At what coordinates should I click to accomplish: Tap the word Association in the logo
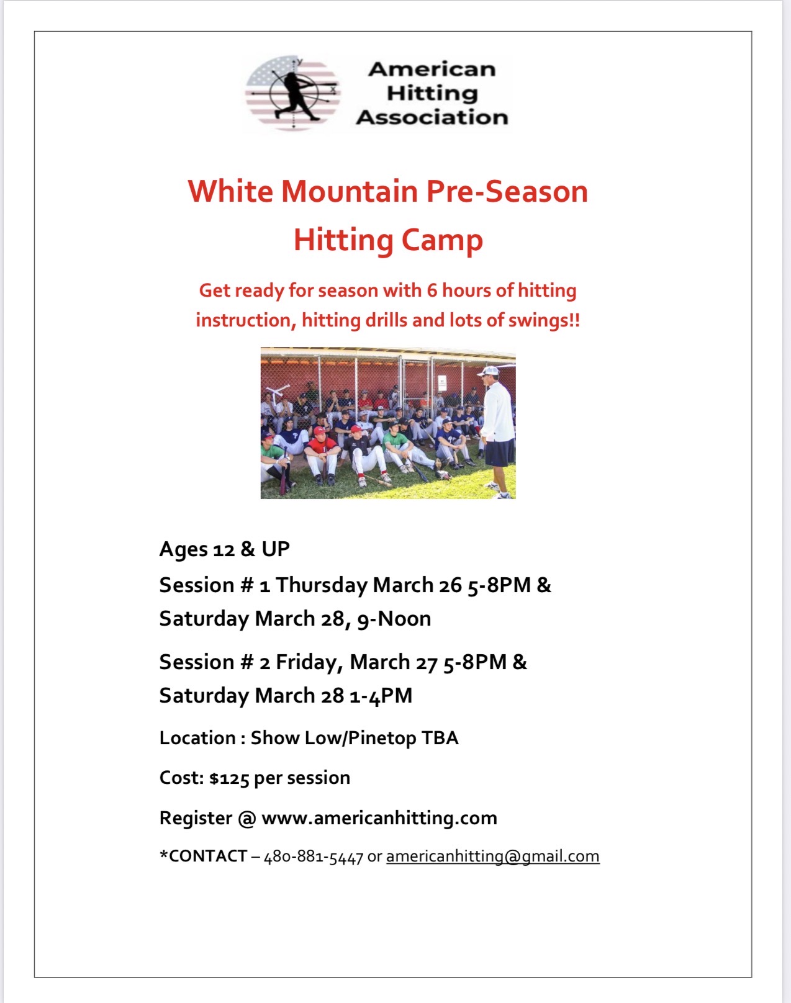click(432, 117)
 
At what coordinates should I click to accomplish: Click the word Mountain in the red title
click(350, 191)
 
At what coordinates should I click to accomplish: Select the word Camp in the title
click(441, 240)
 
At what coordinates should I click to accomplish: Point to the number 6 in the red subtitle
click(432, 290)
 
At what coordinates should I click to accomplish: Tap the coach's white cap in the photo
click(489, 371)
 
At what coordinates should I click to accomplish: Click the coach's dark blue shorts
click(500, 452)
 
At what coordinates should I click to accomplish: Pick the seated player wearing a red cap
click(322, 454)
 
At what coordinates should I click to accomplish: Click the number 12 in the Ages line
click(224, 550)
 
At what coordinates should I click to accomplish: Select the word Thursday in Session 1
click(322, 586)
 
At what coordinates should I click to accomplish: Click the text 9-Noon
click(394, 619)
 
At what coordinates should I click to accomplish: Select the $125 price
click(230, 778)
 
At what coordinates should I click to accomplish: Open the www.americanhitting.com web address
click(379, 819)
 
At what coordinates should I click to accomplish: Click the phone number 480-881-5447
click(314, 857)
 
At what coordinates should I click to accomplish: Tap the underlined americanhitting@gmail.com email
click(492, 857)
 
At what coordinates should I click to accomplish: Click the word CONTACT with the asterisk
click(203, 856)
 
